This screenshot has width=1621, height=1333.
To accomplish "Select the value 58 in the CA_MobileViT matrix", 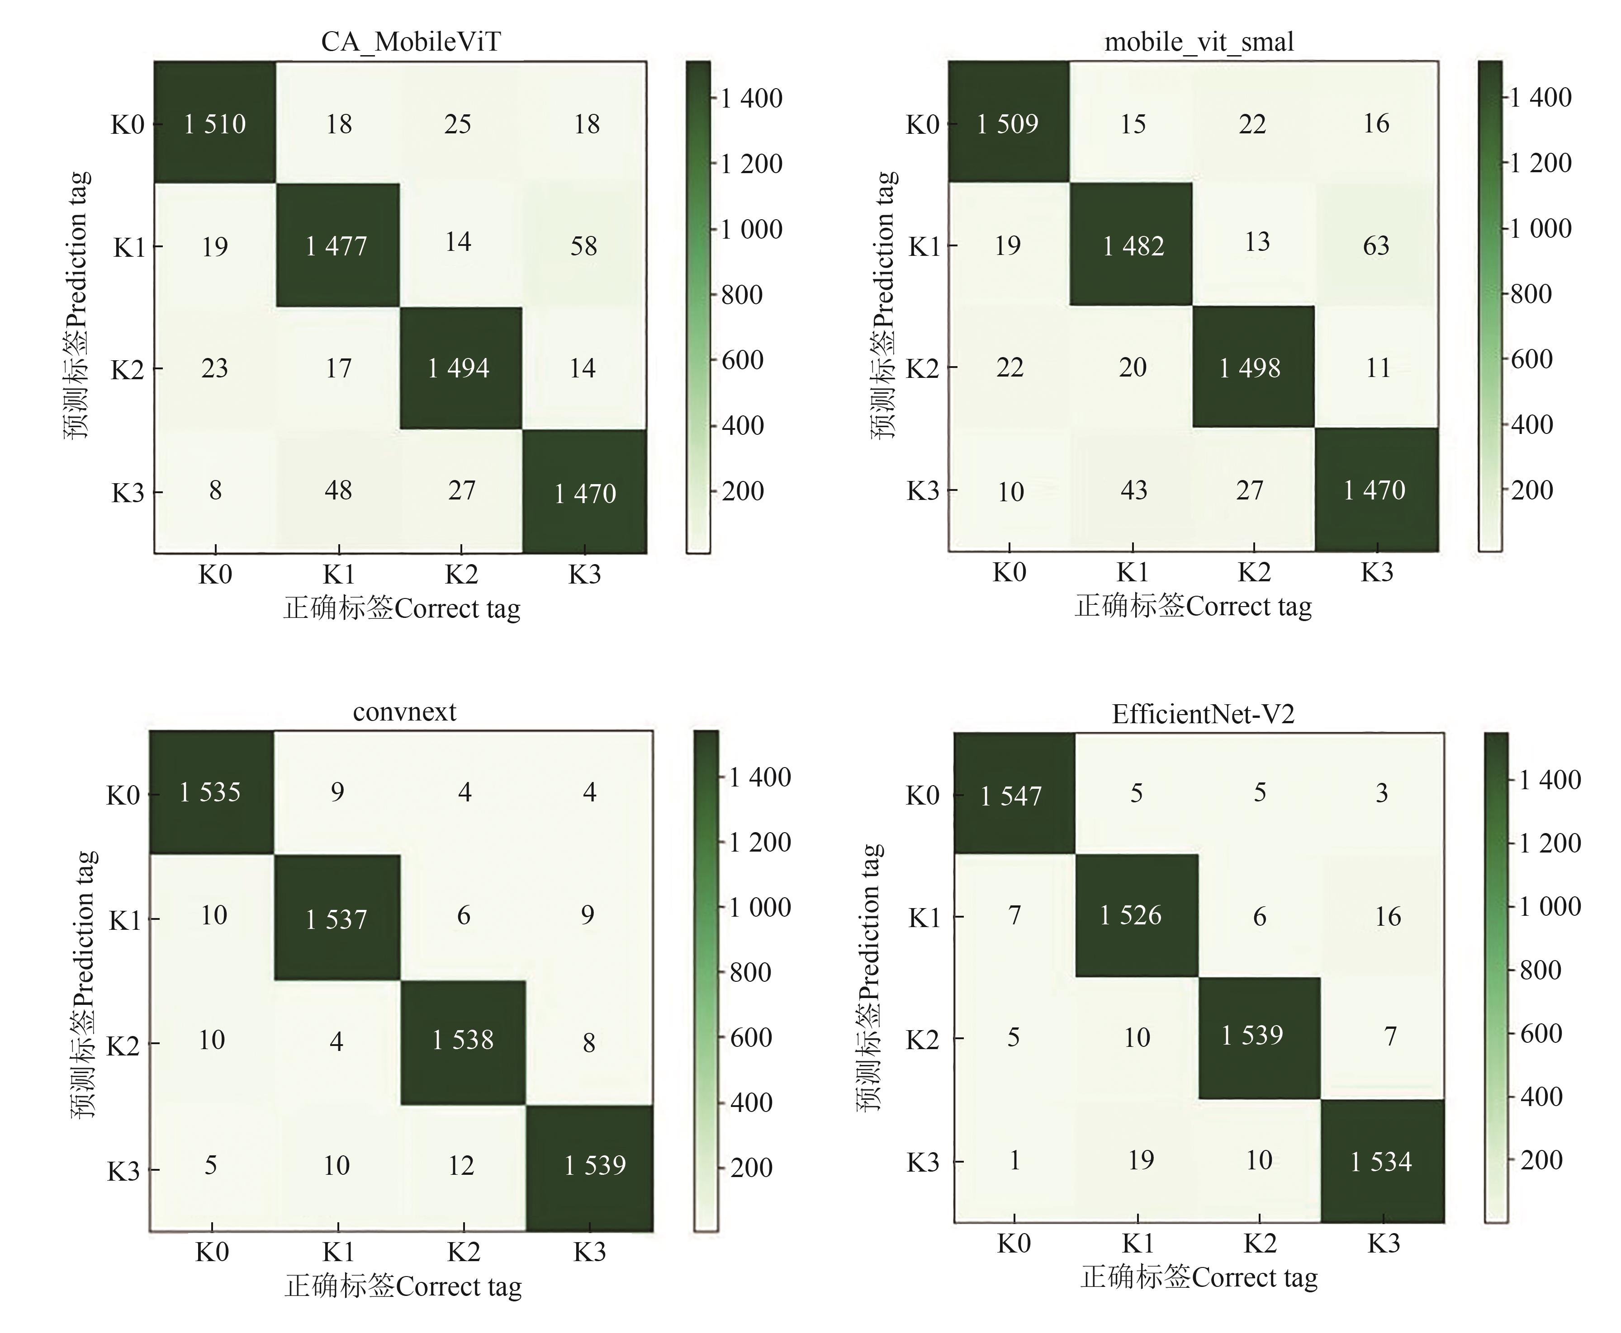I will coord(584,246).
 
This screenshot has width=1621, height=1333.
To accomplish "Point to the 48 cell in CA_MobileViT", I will coord(338,490).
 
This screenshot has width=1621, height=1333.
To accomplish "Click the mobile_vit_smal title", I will coord(1199,42).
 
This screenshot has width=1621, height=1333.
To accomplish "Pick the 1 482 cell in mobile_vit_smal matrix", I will coord(1133,246).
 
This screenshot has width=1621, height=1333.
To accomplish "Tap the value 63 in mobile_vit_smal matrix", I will coord(1376,246).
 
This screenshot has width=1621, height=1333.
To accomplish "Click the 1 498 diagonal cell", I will coord(1250,368).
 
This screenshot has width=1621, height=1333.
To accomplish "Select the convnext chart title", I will coord(404,712).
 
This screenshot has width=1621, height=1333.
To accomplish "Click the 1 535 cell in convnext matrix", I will coord(210,791).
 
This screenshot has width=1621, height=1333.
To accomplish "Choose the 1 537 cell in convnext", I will coord(337,918).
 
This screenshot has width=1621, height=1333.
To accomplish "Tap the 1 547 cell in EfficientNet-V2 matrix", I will coord(1011,796).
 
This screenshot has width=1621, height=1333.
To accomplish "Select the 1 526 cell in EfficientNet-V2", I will coord(1130,914).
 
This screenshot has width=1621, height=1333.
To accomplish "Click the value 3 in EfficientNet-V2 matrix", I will coord(1381,792).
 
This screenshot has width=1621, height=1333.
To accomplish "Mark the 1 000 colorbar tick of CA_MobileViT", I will coord(751,229).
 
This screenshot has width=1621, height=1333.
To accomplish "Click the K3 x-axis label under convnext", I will coord(589,1253).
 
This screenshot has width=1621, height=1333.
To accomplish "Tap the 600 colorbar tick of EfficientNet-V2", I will coord(1540,1033).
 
